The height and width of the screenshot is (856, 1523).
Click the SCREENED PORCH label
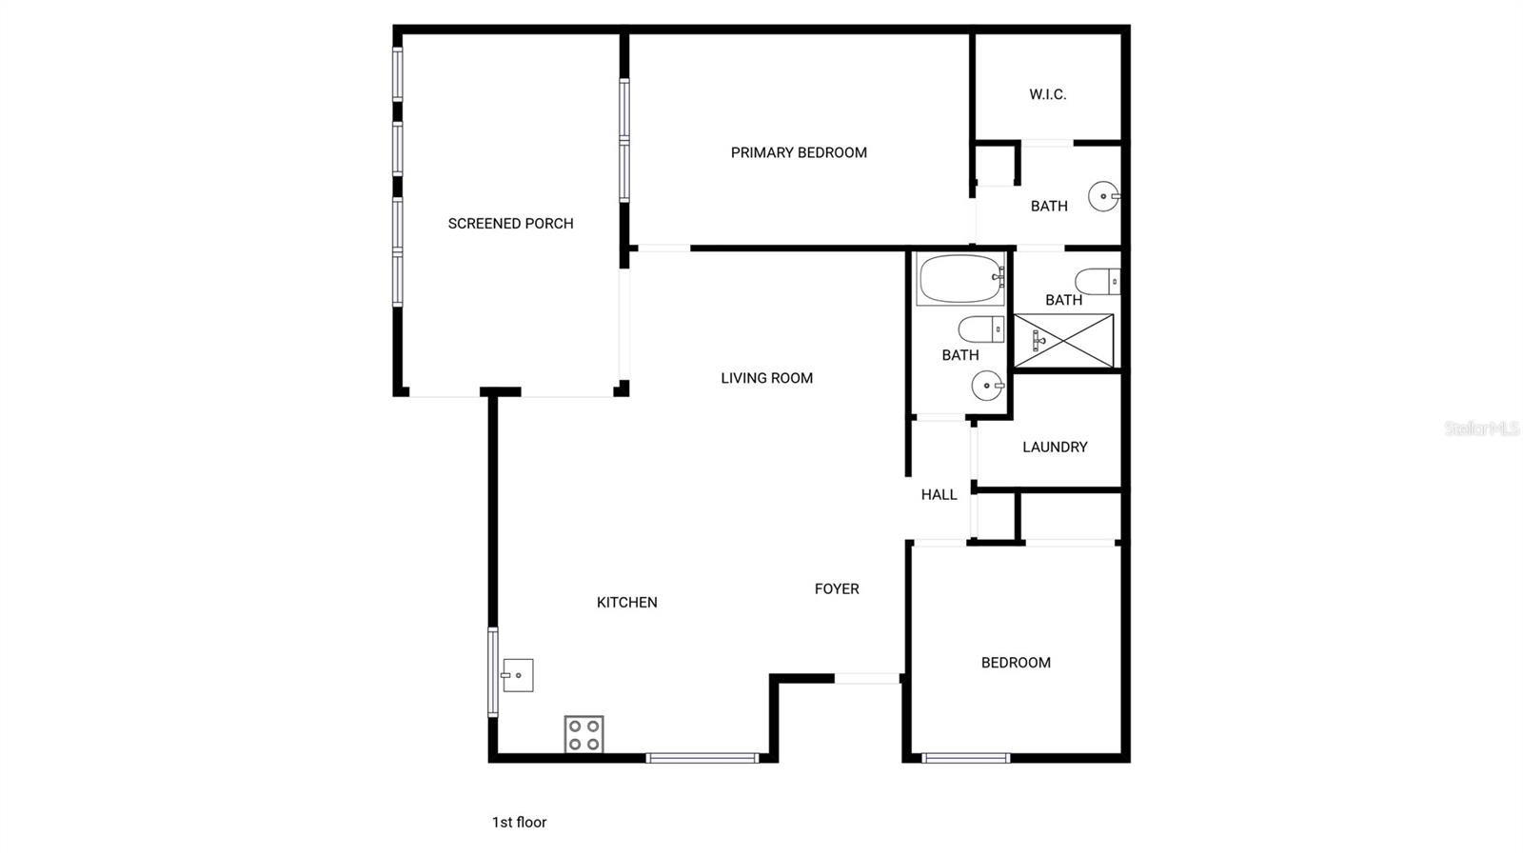coord(510,224)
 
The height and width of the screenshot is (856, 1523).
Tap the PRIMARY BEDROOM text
coord(799,152)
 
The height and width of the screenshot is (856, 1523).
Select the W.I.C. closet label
coord(1047,94)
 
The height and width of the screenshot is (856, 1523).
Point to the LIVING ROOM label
coord(766,378)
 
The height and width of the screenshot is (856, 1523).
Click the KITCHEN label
coord(626,602)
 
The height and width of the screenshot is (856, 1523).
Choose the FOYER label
coord(837,588)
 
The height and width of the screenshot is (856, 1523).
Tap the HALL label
coord(939,494)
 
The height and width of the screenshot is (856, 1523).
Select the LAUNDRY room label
coord(1055,447)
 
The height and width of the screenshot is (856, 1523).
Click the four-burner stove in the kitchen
coord(583,734)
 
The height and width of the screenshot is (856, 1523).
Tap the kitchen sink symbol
coord(517,675)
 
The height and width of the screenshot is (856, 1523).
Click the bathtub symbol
coord(960,279)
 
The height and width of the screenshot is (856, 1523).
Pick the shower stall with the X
coord(1063,340)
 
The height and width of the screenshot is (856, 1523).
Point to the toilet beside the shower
coord(1098,282)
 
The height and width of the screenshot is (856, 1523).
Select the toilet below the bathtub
coord(980,329)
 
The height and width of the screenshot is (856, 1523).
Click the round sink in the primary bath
coord(1104,197)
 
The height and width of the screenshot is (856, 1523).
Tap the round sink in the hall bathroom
coord(987,386)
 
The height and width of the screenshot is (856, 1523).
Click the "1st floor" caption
coord(519,822)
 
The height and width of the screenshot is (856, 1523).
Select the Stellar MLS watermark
coord(1481,428)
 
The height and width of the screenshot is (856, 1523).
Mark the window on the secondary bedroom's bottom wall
coord(965,758)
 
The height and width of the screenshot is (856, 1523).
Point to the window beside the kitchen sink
coord(493,671)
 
